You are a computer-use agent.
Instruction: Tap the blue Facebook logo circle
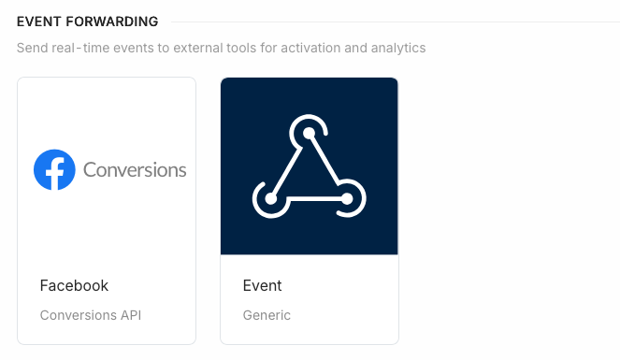coord(54,169)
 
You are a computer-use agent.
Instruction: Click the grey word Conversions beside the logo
coord(135,170)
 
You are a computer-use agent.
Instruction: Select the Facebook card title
coord(74,286)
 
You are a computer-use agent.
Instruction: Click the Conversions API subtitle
coord(90,315)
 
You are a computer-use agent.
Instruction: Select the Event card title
coord(262,286)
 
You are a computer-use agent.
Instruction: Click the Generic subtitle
coord(267,315)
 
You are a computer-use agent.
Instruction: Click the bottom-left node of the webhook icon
coord(270,198)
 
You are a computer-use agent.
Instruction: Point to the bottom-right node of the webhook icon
coord(347,198)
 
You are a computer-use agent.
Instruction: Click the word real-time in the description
coord(85,48)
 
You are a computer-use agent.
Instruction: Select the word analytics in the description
coord(397,48)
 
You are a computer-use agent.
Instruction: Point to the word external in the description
coord(210,48)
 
